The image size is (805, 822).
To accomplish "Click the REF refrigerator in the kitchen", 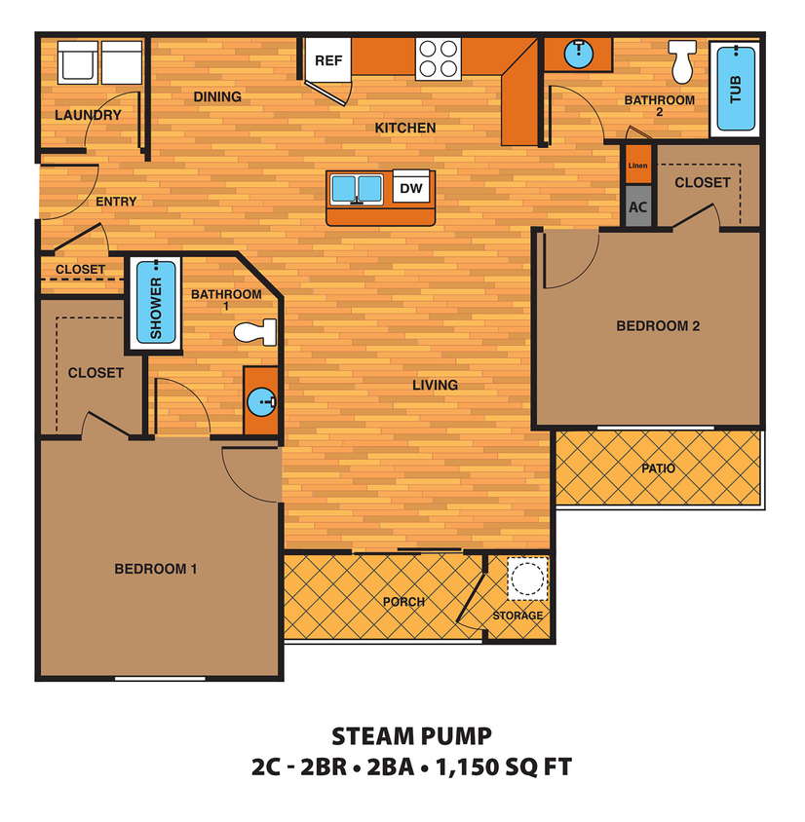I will pyautogui.click(x=328, y=59).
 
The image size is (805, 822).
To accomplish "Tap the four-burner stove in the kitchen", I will pyautogui.click(x=438, y=58).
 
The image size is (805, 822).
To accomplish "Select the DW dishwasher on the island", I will pyautogui.click(x=411, y=188).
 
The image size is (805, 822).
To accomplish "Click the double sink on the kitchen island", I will pyautogui.click(x=358, y=188).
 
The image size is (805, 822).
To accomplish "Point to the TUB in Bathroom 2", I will pyautogui.click(x=736, y=90).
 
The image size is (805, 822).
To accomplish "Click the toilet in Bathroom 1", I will pyautogui.click(x=257, y=331).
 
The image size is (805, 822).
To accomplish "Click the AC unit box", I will pyautogui.click(x=638, y=207).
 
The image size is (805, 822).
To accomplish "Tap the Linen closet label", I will pyautogui.click(x=637, y=165).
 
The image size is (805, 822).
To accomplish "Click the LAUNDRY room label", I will pyautogui.click(x=88, y=115).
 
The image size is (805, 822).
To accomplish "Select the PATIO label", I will pyautogui.click(x=658, y=468).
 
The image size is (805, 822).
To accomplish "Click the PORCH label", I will pyautogui.click(x=403, y=602).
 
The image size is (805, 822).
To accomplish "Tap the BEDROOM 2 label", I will pyautogui.click(x=658, y=326).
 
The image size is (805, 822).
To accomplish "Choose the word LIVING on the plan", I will pyautogui.click(x=435, y=385).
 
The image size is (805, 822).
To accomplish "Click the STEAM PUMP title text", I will pyautogui.click(x=411, y=736).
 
